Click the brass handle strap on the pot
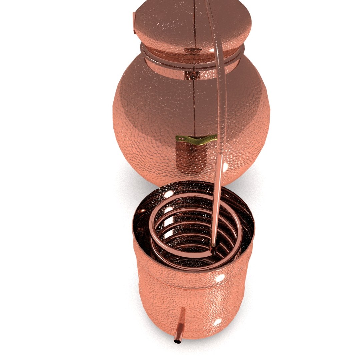point(197,140)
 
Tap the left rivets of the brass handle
point(180,138)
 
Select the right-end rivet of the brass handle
point(215,137)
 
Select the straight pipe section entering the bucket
point(217,207)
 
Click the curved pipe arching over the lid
point(219,67)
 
